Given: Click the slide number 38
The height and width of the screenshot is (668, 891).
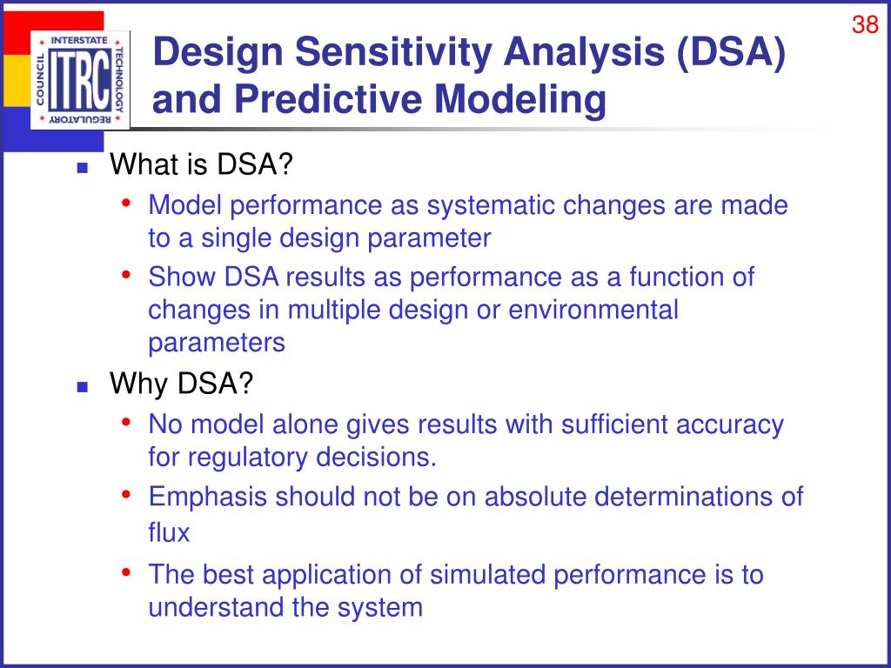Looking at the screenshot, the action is [865, 24].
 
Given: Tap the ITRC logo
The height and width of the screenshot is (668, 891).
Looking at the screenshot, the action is [80, 80].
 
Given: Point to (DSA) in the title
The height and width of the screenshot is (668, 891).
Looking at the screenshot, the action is [730, 52].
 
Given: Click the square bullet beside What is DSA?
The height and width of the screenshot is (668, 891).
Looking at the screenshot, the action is [83, 168].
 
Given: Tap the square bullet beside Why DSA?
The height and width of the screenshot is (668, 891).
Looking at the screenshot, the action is [83, 387].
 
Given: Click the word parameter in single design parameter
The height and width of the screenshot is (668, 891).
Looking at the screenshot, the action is [429, 239].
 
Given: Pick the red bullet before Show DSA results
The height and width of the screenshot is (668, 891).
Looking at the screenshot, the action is [126, 274].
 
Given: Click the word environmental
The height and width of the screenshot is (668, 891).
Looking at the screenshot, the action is [593, 311].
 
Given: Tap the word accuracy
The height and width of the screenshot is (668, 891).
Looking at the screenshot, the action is [730, 425].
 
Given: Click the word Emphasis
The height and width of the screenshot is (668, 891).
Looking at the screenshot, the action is [207, 497].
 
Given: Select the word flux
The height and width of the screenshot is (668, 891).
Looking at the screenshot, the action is [169, 532].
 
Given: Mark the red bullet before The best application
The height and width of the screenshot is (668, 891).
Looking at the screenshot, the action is [126, 571].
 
